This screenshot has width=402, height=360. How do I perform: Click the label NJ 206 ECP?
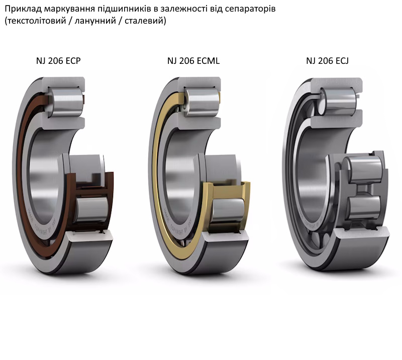(x=58, y=61)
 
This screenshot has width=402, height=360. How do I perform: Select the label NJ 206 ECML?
(x=193, y=61)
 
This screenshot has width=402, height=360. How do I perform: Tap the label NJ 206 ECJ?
(x=327, y=61)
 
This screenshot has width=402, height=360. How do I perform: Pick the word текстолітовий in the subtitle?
(x=36, y=21)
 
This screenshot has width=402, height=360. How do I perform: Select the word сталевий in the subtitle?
(x=144, y=21)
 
